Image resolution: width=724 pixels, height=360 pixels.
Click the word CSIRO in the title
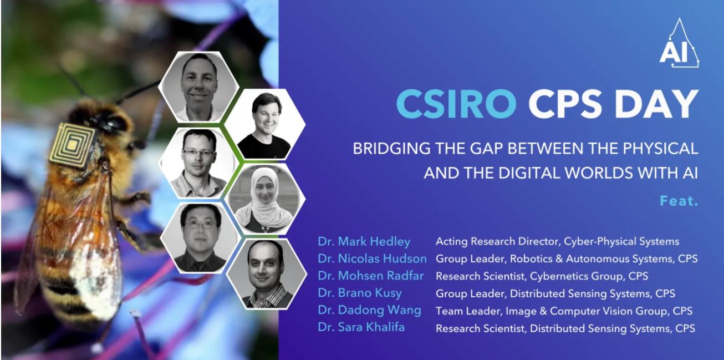456,104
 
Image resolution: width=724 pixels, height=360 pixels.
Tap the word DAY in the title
656,104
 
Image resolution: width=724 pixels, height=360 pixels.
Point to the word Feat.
679,201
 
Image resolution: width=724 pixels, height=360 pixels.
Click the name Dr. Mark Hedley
364,242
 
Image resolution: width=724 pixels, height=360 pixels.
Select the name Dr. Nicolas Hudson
373,258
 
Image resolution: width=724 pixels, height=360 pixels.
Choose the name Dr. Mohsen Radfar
371,276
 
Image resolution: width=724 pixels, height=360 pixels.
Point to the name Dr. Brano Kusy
360,293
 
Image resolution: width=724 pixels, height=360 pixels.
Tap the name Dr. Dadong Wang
369,310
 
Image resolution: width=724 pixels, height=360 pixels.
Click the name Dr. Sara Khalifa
361,327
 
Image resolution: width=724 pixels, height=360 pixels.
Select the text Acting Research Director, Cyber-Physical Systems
557,242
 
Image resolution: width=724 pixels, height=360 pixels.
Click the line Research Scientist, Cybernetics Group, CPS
542,276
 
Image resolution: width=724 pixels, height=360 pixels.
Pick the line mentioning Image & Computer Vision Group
564,311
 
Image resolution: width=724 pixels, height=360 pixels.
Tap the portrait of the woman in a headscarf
266,198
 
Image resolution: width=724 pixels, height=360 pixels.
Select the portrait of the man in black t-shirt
265,125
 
